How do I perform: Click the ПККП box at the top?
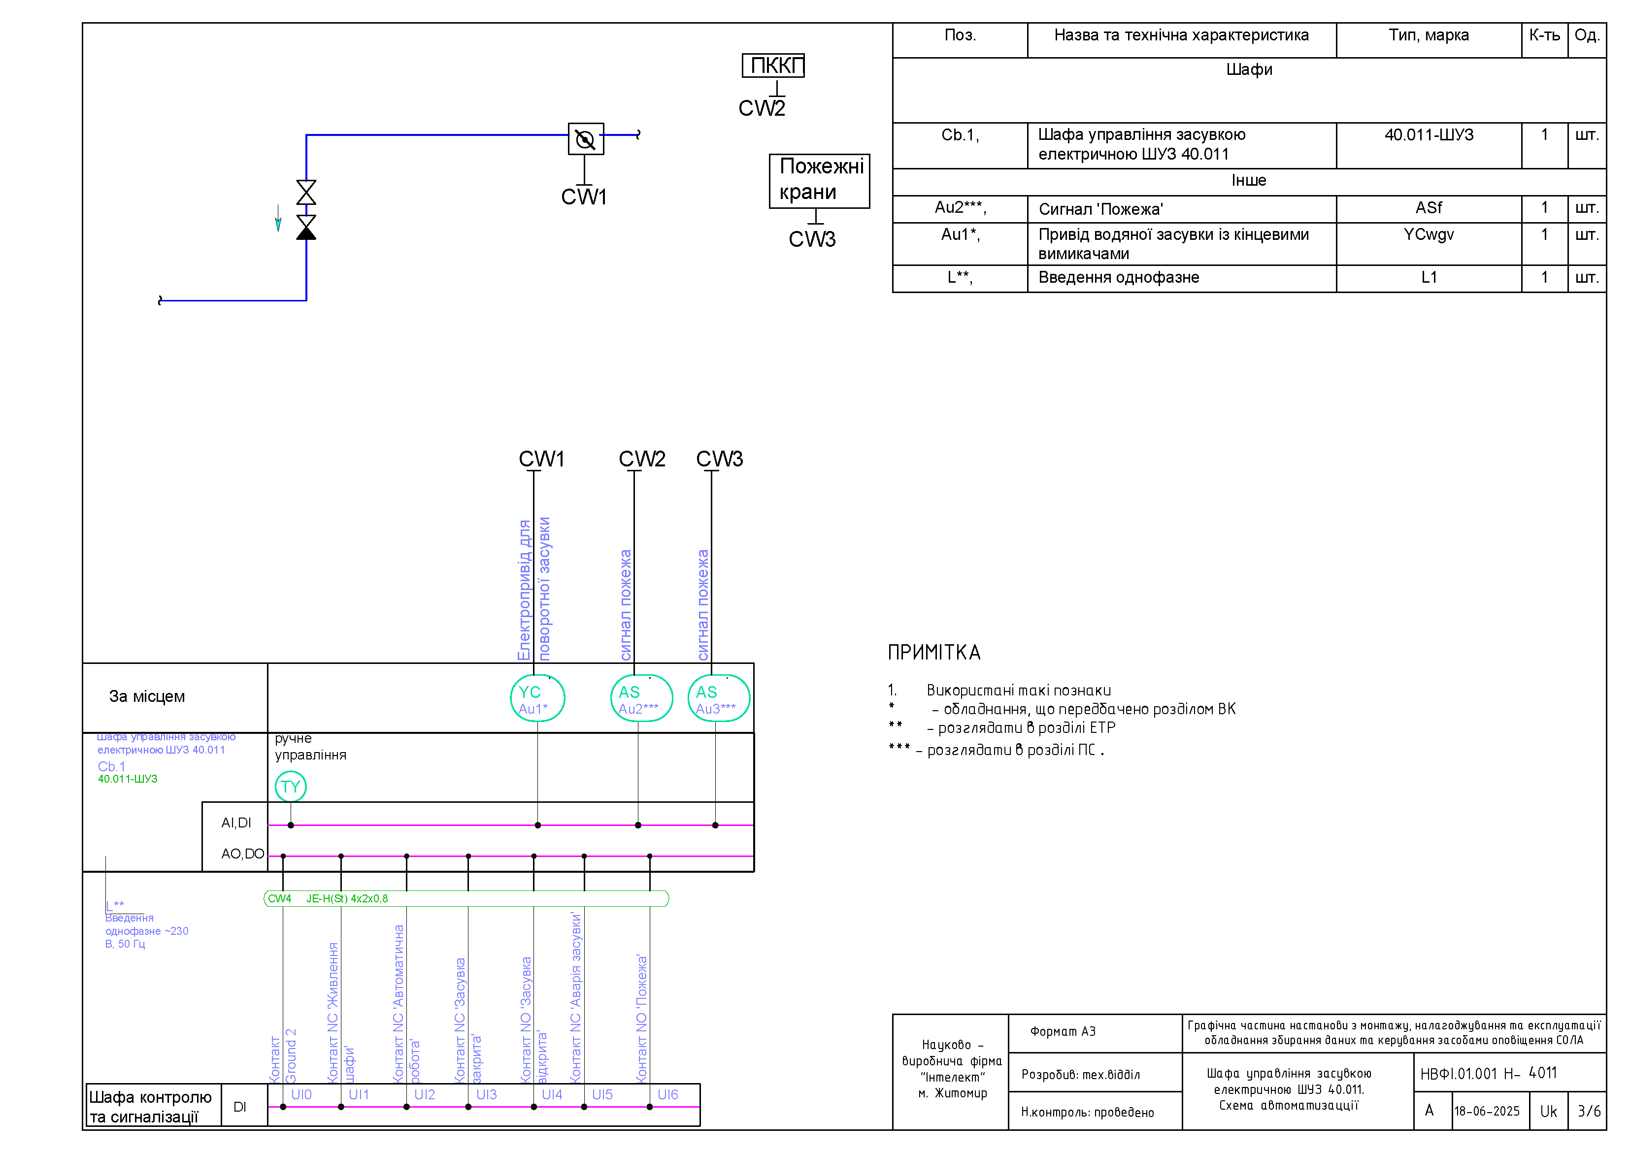[773, 66]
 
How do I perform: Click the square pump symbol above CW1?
[586, 139]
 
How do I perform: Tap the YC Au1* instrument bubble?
[537, 698]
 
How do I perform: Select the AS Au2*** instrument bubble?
[641, 698]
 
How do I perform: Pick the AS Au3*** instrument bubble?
[718, 698]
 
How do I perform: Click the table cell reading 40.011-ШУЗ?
[1429, 135]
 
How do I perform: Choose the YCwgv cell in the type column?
[1429, 234]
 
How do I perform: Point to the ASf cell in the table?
[1429, 208]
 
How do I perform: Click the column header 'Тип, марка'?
[1429, 35]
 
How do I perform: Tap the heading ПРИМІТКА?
[934, 652]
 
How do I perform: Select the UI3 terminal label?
[486, 1094]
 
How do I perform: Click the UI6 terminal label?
[667, 1094]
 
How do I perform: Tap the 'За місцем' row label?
[147, 696]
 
